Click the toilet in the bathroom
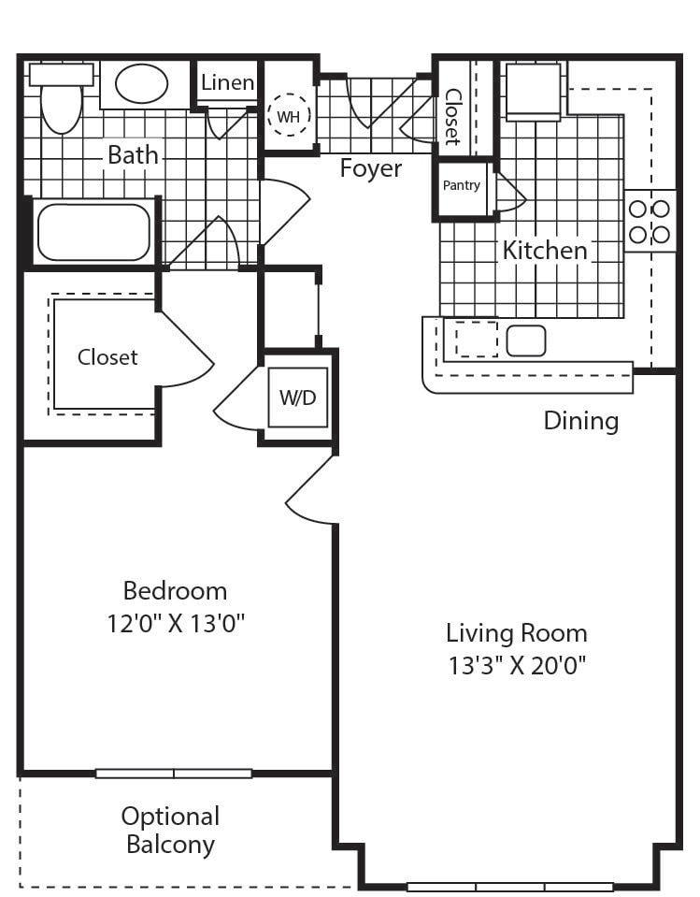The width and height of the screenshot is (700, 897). (x=62, y=98)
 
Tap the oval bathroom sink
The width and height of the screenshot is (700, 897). (x=142, y=83)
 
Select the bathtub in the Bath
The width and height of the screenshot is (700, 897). (x=93, y=232)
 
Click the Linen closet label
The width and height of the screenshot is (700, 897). (x=227, y=82)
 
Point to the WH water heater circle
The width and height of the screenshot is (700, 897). (x=289, y=115)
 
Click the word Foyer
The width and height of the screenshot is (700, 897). (x=371, y=168)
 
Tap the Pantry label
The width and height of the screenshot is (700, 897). (x=461, y=185)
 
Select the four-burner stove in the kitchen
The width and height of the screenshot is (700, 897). (x=650, y=221)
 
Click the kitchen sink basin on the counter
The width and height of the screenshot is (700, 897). (x=526, y=340)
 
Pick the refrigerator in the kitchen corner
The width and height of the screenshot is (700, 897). (x=533, y=92)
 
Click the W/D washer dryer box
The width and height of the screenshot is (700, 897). (x=298, y=397)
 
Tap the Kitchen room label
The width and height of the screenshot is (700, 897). (x=545, y=251)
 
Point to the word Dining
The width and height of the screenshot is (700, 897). (x=581, y=421)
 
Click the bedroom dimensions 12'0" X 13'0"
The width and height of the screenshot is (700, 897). (x=176, y=623)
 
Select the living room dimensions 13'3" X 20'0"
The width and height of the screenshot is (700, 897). (x=517, y=665)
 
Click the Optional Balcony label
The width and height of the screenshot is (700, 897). (x=171, y=830)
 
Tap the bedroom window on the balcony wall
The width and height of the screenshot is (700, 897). (x=174, y=774)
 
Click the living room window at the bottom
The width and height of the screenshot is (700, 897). (x=509, y=888)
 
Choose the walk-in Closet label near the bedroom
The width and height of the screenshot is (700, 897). (x=107, y=357)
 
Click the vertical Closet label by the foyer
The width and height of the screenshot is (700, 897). (x=452, y=117)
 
